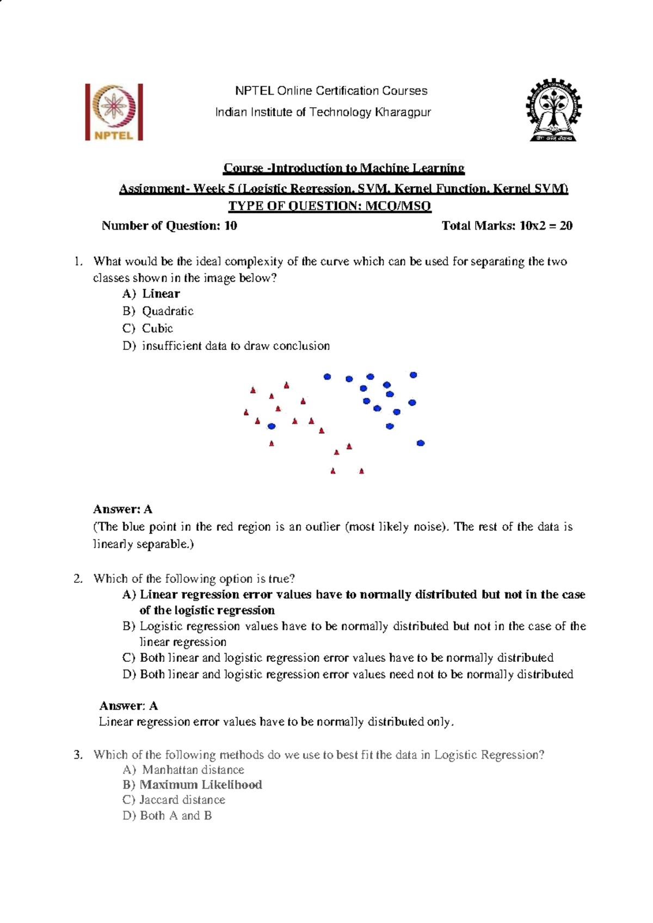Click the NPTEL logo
(x=114, y=112)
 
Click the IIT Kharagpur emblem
(x=553, y=110)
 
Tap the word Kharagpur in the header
(x=402, y=112)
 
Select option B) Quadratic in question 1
(x=158, y=311)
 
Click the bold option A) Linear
(x=152, y=294)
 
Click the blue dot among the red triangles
(x=272, y=426)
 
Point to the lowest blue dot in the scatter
(x=420, y=444)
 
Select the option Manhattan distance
(x=184, y=770)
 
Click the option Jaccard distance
(x=174, y=800)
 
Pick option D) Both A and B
(x=167, y=816)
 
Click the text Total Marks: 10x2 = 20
(x=507, y=226)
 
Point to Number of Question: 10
(x=169, y=226)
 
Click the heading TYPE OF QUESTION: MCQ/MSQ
(x=329, y=206)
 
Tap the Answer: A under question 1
(x=122, y=509)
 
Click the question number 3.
(x=78, y=755)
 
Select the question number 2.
(x=78, y=579)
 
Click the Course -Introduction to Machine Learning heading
(x=344, y=168)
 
